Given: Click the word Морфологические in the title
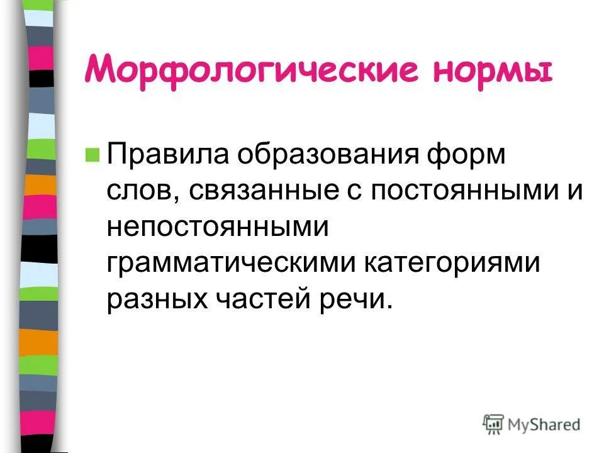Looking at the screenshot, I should tap(251, 70).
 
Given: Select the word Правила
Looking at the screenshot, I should tap(164, 155).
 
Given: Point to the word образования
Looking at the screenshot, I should tap(321, 155).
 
